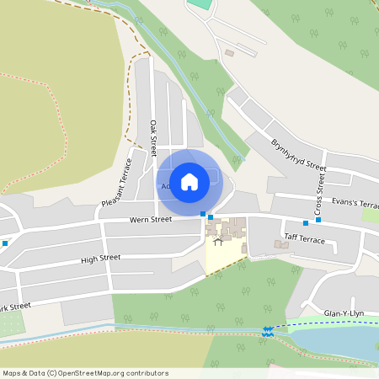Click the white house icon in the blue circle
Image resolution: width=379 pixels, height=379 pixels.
point(189,181)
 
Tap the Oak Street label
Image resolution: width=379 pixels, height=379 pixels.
point(153,138)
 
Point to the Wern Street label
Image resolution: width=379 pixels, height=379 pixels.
point(151,219)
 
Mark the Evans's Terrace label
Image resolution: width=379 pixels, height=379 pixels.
point(355,203)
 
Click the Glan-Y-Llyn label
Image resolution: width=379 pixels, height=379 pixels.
point(344,313)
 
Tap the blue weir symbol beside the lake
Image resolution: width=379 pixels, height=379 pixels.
point(267,332)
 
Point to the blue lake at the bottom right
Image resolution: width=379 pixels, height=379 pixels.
point(337,341)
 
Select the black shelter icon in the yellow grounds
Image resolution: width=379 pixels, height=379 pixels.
point(218,243)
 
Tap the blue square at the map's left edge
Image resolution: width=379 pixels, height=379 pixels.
point(5,243)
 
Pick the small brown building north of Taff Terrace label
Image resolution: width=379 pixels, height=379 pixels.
point(280,245)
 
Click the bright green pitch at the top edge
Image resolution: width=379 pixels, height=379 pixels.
point(199,3)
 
